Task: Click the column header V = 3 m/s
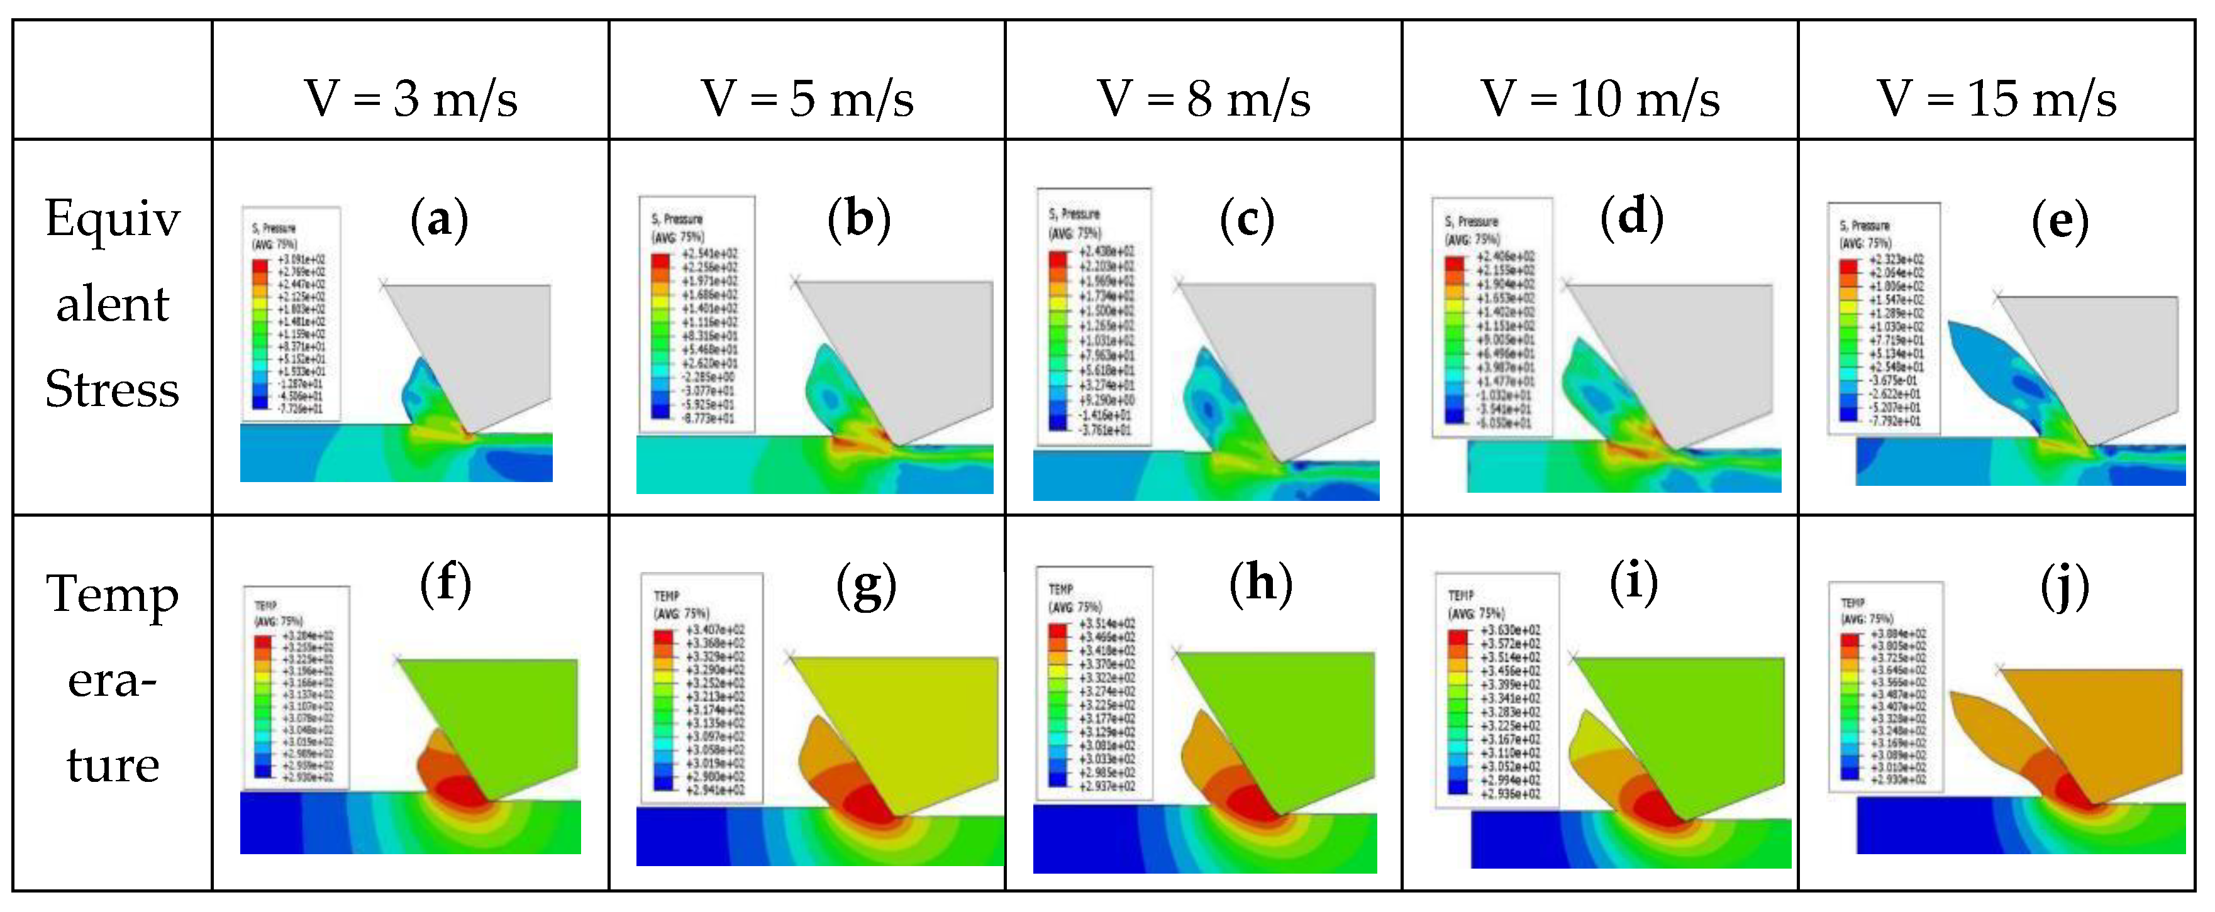tap(411, 98)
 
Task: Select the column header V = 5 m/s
tap(808, 98)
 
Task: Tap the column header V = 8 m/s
tap(1204, 98)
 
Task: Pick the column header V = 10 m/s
tap(1600, 98)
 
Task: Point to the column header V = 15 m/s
tap(1997, 98)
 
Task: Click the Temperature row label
tap(113, 679)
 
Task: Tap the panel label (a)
tap(440, 219)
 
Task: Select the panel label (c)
tap(1246, 220)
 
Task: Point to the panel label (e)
tap(2060, 222)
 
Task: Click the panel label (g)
tap(866, 587)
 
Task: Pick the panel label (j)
tap(2065, 590)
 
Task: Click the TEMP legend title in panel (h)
tap(1061, 590)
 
